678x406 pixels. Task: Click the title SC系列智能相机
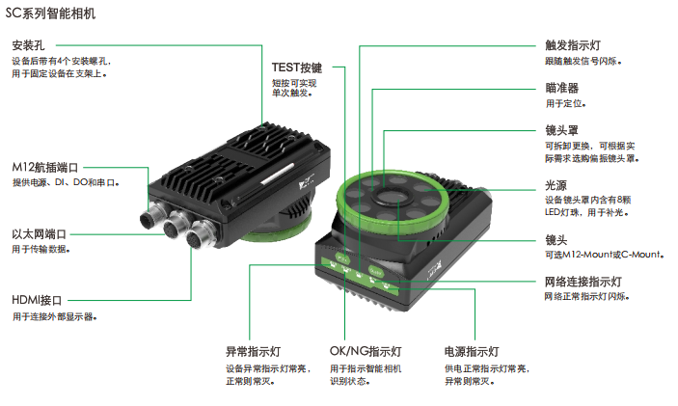[50, 14]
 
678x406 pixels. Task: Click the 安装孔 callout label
[28, 45]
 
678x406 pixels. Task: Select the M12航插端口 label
[45, 168]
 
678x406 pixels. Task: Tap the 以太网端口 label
[39, 234]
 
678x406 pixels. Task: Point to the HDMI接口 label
[37, 300]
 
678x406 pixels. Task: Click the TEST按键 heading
[297, 68]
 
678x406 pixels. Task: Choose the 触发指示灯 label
[573, 45]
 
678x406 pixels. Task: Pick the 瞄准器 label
[561, 88]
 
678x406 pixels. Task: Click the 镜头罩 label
[561, 130]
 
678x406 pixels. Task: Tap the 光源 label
[556, 185]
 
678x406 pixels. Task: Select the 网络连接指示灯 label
[583, 282]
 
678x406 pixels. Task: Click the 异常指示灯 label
[254, 352]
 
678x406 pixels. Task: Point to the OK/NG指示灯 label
[366, 352]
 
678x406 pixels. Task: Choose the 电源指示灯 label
[472, 352]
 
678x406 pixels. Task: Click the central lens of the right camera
[386, 197]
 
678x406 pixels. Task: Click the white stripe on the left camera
[278, 174]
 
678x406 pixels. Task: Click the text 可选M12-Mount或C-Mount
[604, 255]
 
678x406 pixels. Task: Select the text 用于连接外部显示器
[53, 317]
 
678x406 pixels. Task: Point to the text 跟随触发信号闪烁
[582, 62]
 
